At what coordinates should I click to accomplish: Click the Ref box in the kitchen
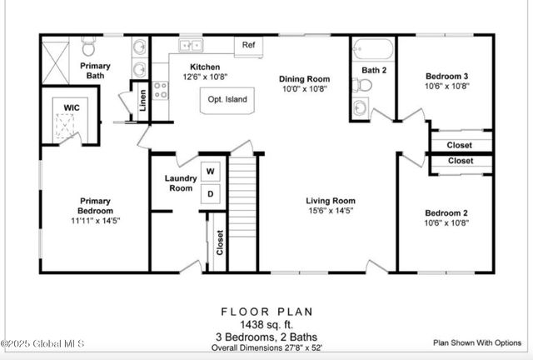pyautogui.click(x=248, y=45)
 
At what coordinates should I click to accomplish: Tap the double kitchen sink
pyautogui.click(x=192, y=45)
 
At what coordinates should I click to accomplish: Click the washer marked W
pyautogui.click(x=211, y=172)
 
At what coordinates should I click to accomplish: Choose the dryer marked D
pyautogui.click(x=211, y=193)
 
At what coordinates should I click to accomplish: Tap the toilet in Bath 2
pyautogui.click(x=363, y=84)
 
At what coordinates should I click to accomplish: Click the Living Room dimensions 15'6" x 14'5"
pyautogui.click(x=331, y=211)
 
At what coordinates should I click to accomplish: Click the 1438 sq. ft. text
pyautogui.click(x=267, y=324)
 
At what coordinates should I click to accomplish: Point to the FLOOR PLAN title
pyautogui.click(x=267, y=312)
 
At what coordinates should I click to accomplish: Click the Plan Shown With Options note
pyautogui.click(x=477, y=342)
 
